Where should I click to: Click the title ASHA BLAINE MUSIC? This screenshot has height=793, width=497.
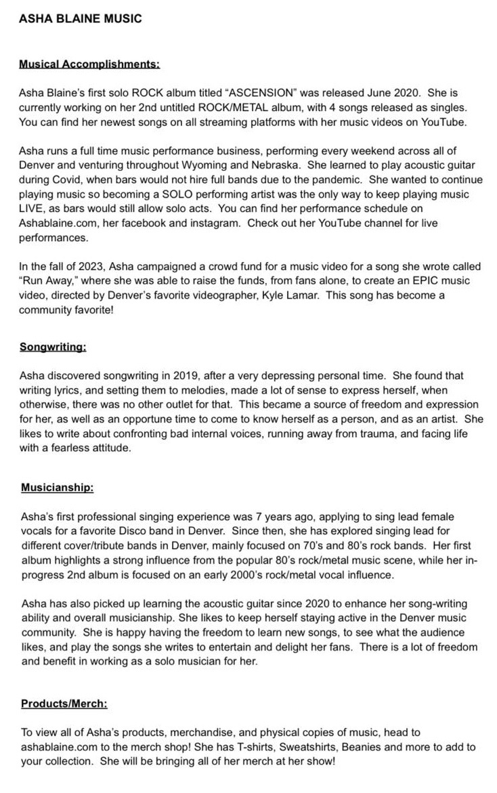(81, 19)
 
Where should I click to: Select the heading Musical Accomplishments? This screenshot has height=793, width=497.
(89, 65)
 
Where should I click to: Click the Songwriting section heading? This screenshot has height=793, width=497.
(53, 347)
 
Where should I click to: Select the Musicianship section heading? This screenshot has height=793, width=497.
(57, 488)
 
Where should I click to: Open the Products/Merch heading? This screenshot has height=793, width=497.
(64, 704)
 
